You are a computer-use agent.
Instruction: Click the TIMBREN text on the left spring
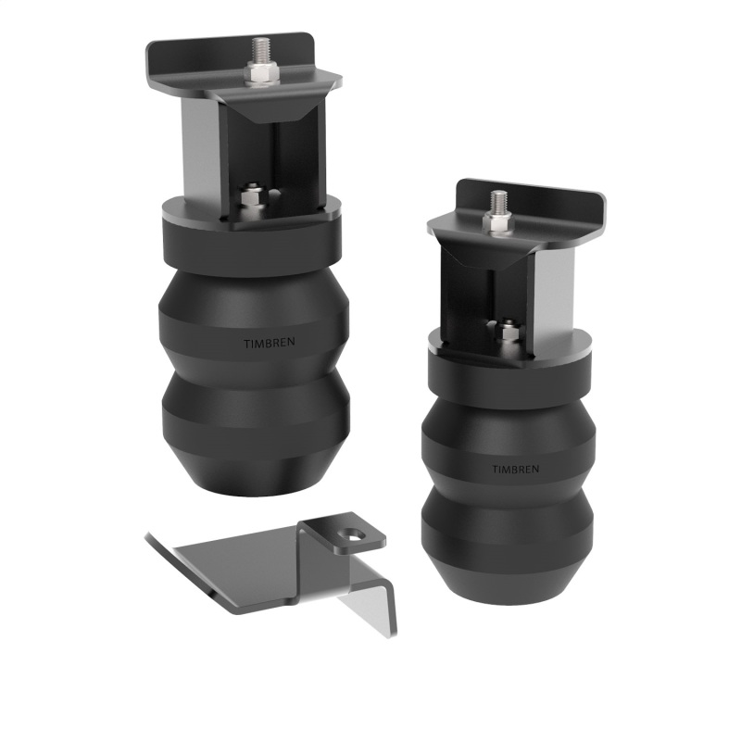point(264,344)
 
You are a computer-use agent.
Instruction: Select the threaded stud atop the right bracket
point(499,201)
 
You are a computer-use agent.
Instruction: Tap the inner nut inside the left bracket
point(249,197)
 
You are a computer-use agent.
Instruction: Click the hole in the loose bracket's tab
point(353,534)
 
